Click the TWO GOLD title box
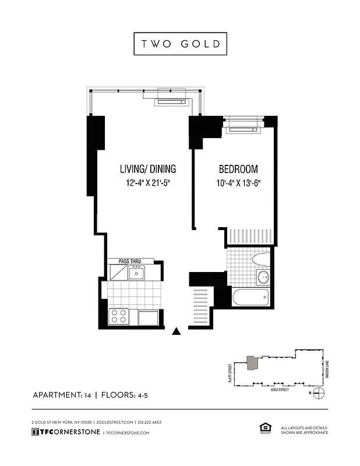pos(180,44)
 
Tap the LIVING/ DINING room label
pos(148,170)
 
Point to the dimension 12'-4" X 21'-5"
pos(148,183)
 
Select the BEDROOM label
pos(238,170)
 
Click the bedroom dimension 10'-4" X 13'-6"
pos(238,183)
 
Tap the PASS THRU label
pos(130,262)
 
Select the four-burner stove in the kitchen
pos(119,316)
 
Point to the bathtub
pos(250,297)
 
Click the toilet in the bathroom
pos(260,257)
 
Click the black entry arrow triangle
pos(177,332)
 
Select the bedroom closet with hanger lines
pos(250,236)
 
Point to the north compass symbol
pos(318,393)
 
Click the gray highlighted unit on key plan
pos(252,363)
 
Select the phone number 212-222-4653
pos(150,422)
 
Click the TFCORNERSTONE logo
pos(66,432)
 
